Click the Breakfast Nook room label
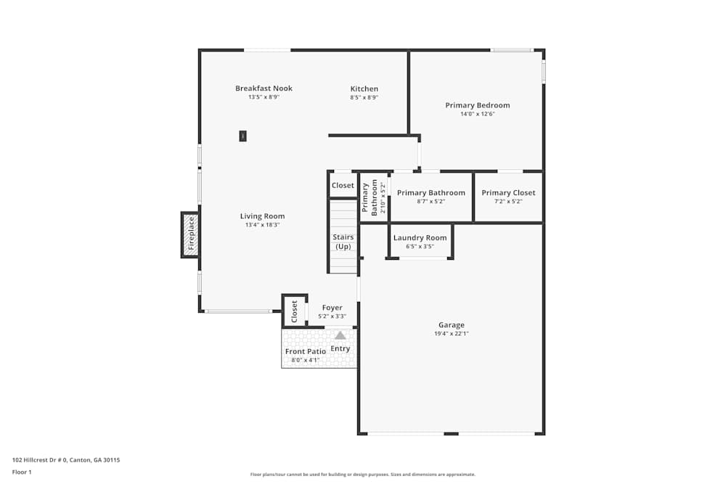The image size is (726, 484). pos(264,89)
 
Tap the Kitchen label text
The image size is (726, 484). pos(364,89)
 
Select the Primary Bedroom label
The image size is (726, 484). pos(477,105)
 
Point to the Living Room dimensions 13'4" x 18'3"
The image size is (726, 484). pos(262,225)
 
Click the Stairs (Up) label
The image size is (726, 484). pos(343,242)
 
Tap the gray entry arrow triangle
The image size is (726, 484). pos(340,335)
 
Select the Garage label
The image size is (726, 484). pos(451,325)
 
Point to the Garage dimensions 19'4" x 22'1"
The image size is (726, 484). pos(451,334)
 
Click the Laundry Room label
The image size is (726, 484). pos(420,238)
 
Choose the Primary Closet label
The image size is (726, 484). pos(508,193)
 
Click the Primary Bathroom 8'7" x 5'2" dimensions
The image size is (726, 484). pos(431,202)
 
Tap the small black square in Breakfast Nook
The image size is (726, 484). pos(242,136)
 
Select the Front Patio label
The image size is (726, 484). pos(305,352)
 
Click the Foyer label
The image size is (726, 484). pos(332,308)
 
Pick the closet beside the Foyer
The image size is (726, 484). pos(295,311)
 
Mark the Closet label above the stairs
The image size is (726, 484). pos(343,186)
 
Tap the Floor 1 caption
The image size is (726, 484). pos(22,472)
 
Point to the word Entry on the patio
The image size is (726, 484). pos(340,349)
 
